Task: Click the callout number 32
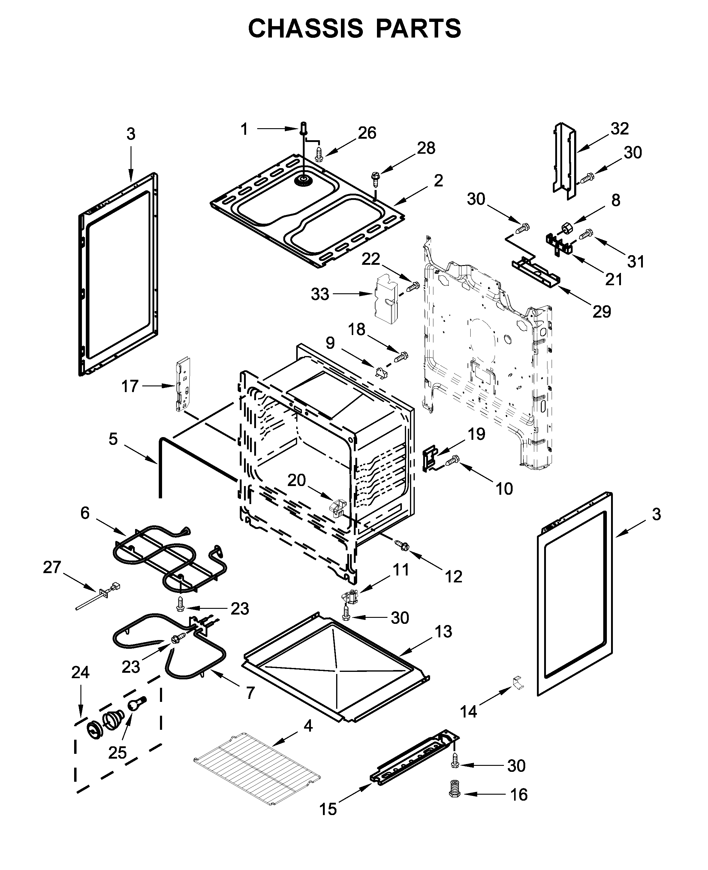[620, 129]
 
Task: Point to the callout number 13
[443, 632]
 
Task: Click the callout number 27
[52, 567]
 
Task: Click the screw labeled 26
[319, 154]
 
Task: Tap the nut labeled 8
[566, 227]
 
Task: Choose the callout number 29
[601, 312]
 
